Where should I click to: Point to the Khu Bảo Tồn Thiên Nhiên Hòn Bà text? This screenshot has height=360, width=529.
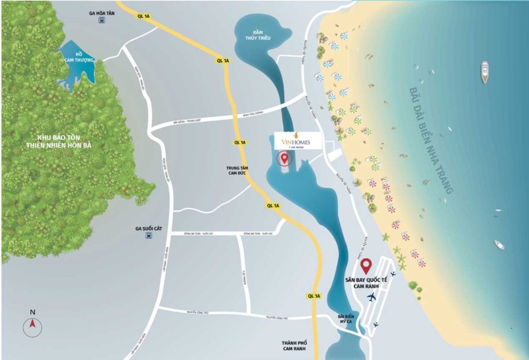tap(63, 141)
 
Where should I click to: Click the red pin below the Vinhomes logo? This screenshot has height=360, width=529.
tap(286, 159)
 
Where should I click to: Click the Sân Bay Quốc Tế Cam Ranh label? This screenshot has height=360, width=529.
tap(366, 283)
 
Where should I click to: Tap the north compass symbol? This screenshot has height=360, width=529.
tap(32, 325)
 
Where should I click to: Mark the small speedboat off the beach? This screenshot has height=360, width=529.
tap(499, 245)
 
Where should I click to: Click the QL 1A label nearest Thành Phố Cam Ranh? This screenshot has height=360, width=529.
tap(313, 296)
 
